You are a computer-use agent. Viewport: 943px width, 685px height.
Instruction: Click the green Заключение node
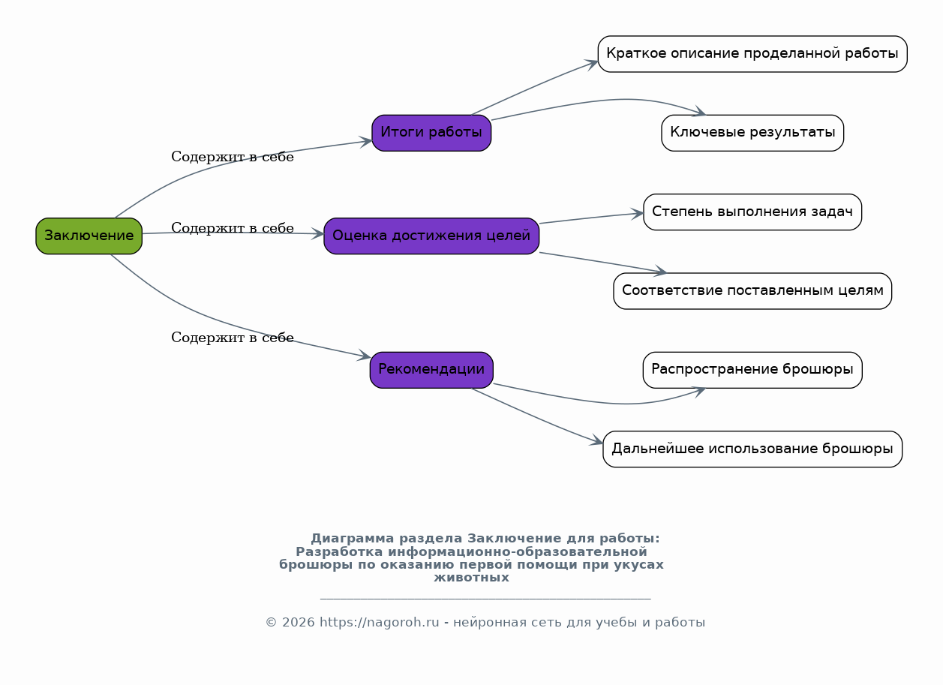pyautogui.click(x=89, y=236)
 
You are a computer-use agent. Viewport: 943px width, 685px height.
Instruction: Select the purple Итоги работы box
pyautogui.click(x=431, y=133)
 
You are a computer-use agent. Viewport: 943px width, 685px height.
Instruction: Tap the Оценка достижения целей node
pyautogui.click(x=431, y=236)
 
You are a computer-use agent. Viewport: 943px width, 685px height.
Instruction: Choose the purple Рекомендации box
pyautogui.click(x=431, y=370)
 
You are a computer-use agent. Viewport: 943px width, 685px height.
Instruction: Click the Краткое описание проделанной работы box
pyautogui.click(x=752, y=54)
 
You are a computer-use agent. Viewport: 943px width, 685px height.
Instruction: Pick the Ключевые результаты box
pyautogui.click(x=752, y=133)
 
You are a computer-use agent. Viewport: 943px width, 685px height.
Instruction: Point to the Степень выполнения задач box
pyautogui.click(x=752, y=212)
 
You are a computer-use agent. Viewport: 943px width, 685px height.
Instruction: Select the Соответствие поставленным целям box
pyautogui.click(x=752, y=291)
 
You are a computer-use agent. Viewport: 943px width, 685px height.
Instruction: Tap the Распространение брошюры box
pyautogui.click(x=752, y=370)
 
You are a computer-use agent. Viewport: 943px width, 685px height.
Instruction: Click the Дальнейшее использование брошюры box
pyautogui.click(x=752, y=449)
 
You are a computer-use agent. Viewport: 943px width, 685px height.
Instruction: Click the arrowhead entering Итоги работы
pyautogui.click(x=365, y=142)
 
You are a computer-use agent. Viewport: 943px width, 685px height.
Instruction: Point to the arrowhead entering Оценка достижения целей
pyautogui.click(x=317, y=234)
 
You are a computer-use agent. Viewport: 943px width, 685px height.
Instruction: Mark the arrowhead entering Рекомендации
pyautogui.click(x=363, y=356)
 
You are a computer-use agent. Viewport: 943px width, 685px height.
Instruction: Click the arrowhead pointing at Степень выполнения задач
pyautogui.click(x=636, y=214)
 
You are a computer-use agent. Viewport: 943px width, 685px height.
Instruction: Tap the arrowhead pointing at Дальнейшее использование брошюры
pyautogui.click(x=596, y=440)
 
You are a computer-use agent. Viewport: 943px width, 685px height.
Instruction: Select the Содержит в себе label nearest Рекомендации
pyautogui.click(x=233, y=338)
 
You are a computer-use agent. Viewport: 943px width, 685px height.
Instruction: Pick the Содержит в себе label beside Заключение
pyautogui.click(x=233, y=228)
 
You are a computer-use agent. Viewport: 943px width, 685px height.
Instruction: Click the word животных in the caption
pyautogui.click(x=471, y=577)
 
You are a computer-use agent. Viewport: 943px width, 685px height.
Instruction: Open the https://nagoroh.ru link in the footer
pyautogui.click(x=379, y=622)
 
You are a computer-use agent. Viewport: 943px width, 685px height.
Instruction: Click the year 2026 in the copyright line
pyautogui.click(x=298, y=622)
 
